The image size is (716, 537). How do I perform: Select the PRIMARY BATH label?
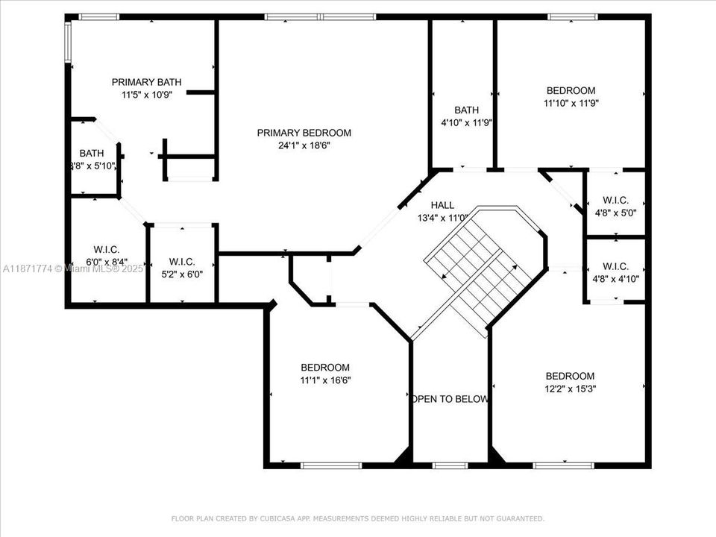click(146, 82)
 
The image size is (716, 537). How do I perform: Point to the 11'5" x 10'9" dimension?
click(146, 95)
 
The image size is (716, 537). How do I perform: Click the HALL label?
click(442, 205)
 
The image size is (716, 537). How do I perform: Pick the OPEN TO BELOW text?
click(450, 399)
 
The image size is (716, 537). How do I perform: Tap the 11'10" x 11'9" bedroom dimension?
click(571, 104)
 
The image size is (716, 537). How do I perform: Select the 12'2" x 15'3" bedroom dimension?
click(570, 388)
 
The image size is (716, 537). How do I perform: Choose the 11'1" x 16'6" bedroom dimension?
click(325, 380)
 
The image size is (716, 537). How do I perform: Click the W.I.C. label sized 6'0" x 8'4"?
click(107, 249)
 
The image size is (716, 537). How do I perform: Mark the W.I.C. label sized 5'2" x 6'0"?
click(182, 262)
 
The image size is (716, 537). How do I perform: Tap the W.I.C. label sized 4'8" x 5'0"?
click(615, 200)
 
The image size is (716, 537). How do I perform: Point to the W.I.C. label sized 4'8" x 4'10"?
click(615, 266)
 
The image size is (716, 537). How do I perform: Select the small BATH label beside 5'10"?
click(92, 153)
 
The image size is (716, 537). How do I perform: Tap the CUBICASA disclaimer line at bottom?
click(358, 518)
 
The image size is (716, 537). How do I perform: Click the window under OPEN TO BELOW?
click(450, 465)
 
